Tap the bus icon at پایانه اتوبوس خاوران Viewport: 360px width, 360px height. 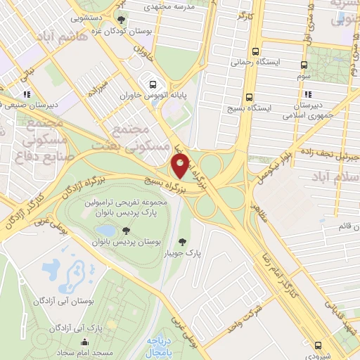point(151,82)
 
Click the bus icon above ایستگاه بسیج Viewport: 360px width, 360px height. point(249,98)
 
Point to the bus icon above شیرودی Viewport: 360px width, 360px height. point(320,345)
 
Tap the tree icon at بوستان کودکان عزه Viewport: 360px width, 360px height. point(123,20)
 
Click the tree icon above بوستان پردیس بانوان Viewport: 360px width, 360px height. point(124,231)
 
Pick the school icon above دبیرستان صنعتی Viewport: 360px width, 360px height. point(26,94)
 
